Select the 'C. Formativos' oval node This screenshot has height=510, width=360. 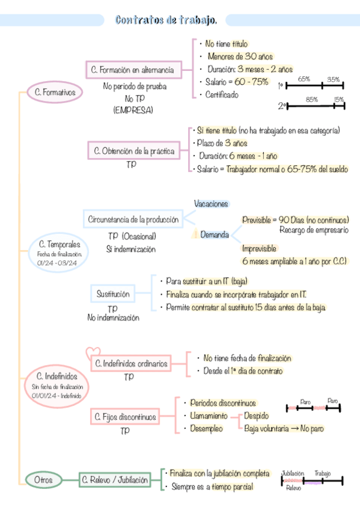[x=54, y=93]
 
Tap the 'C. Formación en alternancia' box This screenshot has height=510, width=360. [x=133, y=70]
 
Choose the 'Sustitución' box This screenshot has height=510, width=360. [x=113, y=294]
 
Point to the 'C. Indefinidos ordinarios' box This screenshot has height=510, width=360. [x=130, y=363]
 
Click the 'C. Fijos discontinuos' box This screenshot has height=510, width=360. [x=126, y=416]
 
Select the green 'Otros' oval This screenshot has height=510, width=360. [x=43, y=480]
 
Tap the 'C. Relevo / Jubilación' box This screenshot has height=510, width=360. [x=114, y=480]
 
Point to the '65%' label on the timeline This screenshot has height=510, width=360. [x=304, y=79]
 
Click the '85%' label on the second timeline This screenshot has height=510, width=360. [x=311, y=99]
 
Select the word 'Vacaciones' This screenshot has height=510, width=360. [x=211, y=204]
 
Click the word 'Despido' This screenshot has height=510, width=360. [x=256, y=416]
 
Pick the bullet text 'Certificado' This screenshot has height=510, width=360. [x=222, y=95]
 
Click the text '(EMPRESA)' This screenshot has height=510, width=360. [x=133, y=110]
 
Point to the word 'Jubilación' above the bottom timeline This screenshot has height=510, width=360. [x=293, y=473]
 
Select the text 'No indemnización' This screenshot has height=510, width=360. [x=113, y=317]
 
